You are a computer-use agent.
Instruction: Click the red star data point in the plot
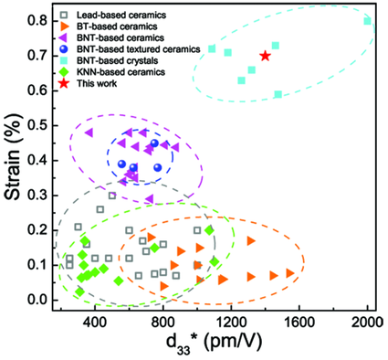[265, 56]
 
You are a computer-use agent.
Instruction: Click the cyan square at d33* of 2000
[367, 21]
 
